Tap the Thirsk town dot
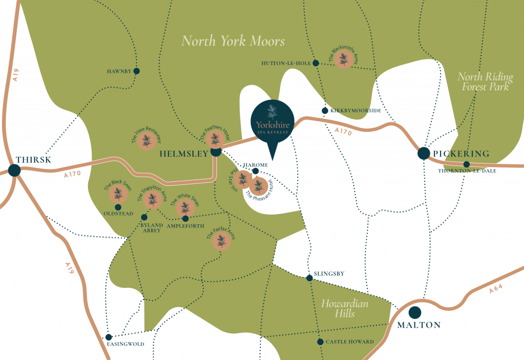pyautogui.click(x=14, y=171)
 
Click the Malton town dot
pyautogui.click(x=414, y=312)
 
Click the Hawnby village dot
pyautogui.click(x=137, y=71)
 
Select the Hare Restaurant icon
pyautogui.click(x=147, y=140)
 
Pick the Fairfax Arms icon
pyautogui.click(x=221, y=241)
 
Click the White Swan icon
pyautogui.click(x=185, y=207)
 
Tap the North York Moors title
pyautogui.click(x=233, y=41)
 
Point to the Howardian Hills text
pyautogui.click(x=344, y=308)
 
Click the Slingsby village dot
pyautogui.click(x=309, y=278)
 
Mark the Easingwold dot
pyautogui.click(x=108, y=337)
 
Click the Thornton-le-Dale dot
pyautogui.click(x=467, y=164)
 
